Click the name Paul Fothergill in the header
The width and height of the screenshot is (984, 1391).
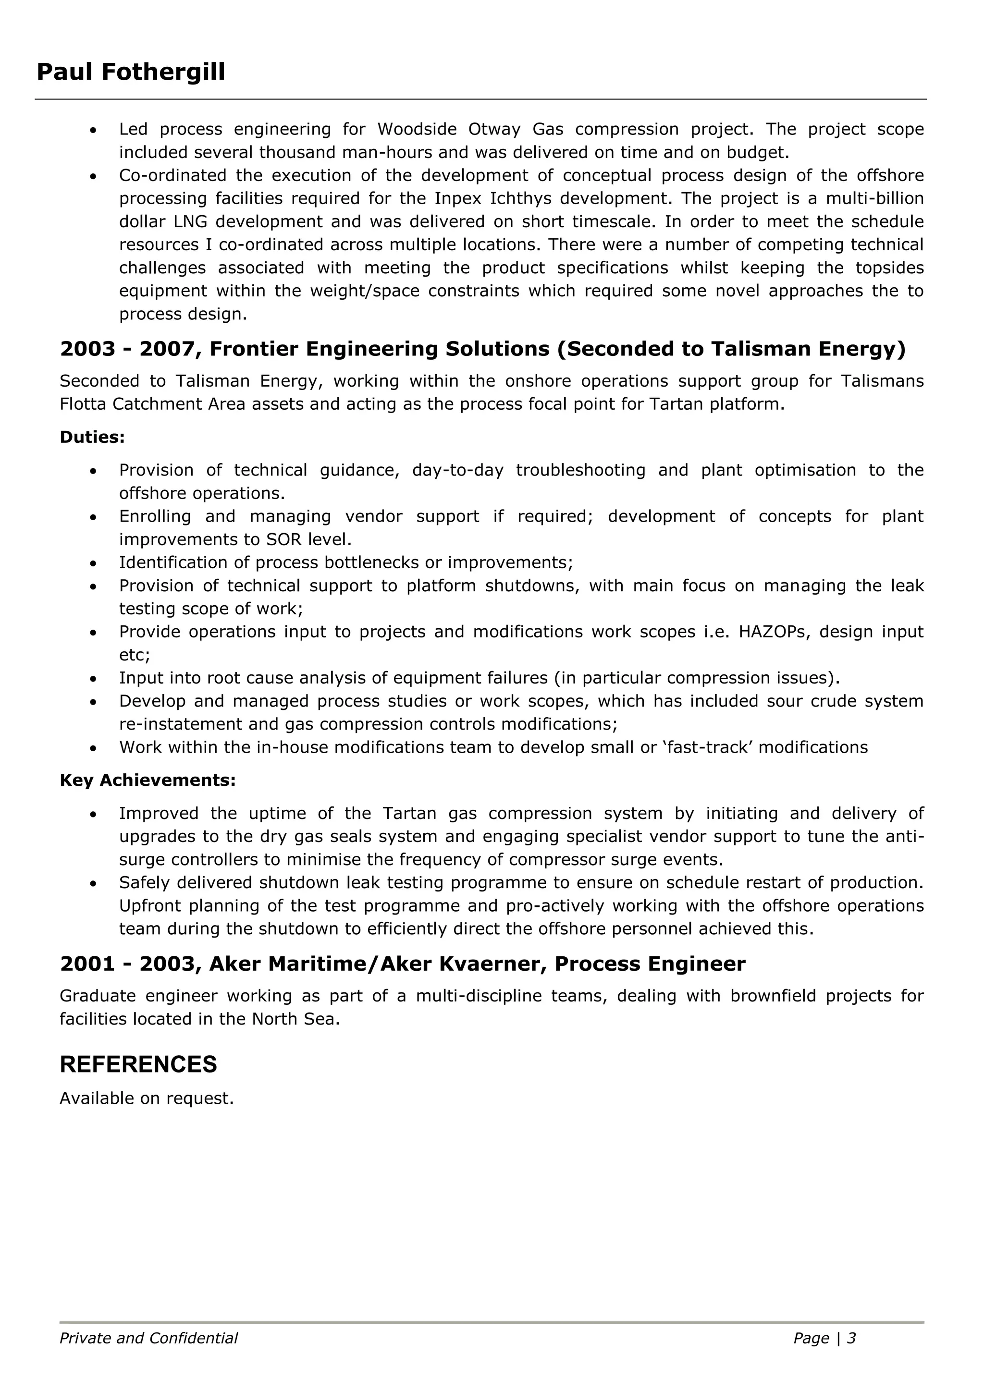[x=131, y=72]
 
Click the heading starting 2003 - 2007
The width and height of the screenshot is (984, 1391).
[x=482, y=349]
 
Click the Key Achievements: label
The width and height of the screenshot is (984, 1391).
[x=147, y=781]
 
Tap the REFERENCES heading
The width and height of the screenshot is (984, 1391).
[x=138, y=1064]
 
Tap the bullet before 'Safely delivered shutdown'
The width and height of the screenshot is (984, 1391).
[x=93, y=884]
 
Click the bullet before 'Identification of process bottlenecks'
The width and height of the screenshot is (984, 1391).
[x=93, y=564]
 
